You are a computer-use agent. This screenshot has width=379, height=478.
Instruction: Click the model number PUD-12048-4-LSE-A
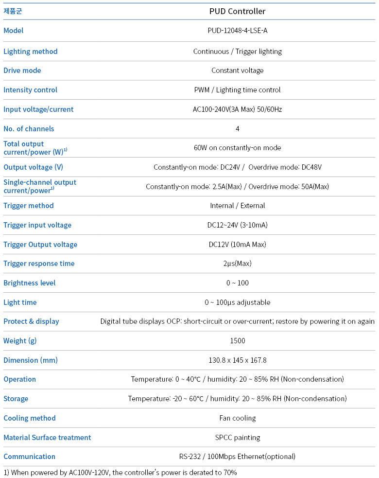(237, 31)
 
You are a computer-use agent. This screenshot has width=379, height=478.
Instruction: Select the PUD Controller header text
(237, 11)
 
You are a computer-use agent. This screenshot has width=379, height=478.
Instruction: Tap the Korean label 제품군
(13, 11)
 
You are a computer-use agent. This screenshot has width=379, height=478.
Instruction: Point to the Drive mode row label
(22, 71)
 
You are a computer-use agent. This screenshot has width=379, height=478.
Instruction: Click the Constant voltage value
(237, 71)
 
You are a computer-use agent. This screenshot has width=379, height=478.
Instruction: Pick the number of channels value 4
(237, 129)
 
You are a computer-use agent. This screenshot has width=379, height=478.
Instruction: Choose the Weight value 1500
(237, 341)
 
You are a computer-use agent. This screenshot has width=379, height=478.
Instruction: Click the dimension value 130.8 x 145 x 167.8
(237, 360)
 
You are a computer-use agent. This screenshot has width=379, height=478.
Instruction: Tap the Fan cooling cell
(237, 418)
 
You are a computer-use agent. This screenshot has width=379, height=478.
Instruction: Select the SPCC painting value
(237, 438)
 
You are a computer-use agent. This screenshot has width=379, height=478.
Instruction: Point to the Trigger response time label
(39, 264)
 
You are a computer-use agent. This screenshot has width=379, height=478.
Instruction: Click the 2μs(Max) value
(237, 264)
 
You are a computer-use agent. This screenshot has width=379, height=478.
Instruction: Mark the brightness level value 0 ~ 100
(237, 283)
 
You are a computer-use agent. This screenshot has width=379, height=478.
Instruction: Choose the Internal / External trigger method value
(237, 206)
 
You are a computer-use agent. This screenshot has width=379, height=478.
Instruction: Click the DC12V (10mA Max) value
(237, 245)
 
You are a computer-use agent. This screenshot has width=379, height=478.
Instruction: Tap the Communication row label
(29, 457)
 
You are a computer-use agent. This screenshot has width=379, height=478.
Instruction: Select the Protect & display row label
(31, 321)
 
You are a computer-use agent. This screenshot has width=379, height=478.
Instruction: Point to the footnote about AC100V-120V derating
(120, 472)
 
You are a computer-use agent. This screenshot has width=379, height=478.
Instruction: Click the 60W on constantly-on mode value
(237, 148)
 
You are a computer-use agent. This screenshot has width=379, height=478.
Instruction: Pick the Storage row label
(16, 399)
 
